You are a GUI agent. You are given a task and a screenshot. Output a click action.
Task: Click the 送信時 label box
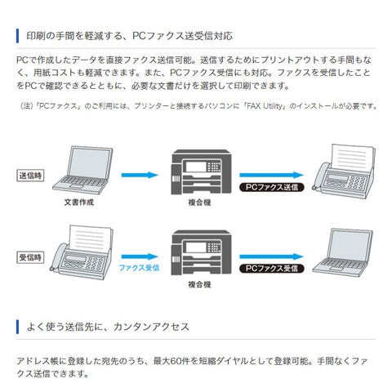point(30,176)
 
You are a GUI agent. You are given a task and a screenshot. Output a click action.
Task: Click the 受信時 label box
point(30,257)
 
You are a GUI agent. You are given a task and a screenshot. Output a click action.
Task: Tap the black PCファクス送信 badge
point(272,187)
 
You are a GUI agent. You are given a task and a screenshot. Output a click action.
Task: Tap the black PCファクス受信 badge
point(272,269)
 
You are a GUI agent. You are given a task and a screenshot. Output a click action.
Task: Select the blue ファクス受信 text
point(139,268)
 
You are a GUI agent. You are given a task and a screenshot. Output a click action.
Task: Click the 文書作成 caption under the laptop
point(79,203)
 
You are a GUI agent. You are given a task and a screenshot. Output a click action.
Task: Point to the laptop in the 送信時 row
point(82,170)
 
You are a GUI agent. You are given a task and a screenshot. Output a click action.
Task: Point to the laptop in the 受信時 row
point(343,252)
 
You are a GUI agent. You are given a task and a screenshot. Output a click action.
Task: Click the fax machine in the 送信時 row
point(345,171)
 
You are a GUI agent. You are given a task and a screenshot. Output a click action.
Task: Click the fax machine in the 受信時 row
point(82,252)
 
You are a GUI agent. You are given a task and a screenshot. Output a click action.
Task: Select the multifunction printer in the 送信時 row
point(201,171)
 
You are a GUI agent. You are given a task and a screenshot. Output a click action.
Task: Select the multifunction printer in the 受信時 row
point(201,252)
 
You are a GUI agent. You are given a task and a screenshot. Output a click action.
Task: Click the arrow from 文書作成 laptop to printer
point(140,175)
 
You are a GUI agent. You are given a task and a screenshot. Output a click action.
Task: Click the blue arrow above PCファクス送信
point(271,175)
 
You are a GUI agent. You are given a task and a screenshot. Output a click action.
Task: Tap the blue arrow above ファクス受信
point(140,256)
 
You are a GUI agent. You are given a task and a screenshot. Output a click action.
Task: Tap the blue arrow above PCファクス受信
point(271,256)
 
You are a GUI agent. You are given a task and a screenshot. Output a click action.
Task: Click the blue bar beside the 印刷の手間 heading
point(17,36)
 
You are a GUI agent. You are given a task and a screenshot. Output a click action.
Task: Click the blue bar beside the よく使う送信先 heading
point(17,327)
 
